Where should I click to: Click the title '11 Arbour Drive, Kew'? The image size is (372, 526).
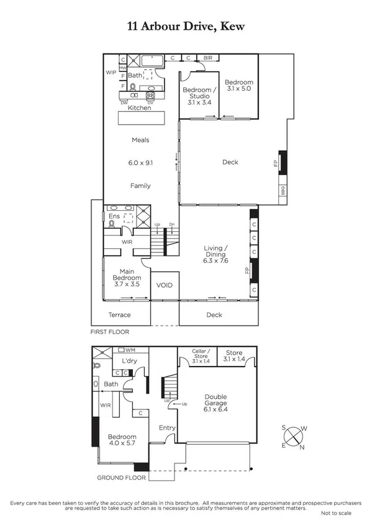coord(186,26)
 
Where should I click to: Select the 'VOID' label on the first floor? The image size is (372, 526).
coord(165,285)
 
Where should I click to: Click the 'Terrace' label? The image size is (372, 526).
coord(120,314)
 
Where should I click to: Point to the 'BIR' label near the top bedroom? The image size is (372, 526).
coord(207,58)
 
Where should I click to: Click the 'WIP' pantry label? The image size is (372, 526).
coord(111,72)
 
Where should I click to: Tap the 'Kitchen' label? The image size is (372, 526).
coord(139,108)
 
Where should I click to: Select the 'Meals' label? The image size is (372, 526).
coord(140,140)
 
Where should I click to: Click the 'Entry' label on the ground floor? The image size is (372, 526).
coord(167,427)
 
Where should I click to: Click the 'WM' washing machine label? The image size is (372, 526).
coord(130,350)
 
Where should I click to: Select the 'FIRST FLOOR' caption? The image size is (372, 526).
coord(109,332)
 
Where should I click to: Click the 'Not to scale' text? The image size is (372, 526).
coord(336,514)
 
